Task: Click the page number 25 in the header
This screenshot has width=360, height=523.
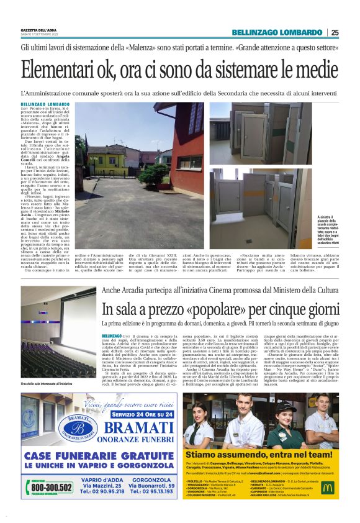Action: pyautogui.click(x=335, y=32)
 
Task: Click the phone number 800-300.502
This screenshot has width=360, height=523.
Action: pyautogui.click(x=51, y=488)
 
